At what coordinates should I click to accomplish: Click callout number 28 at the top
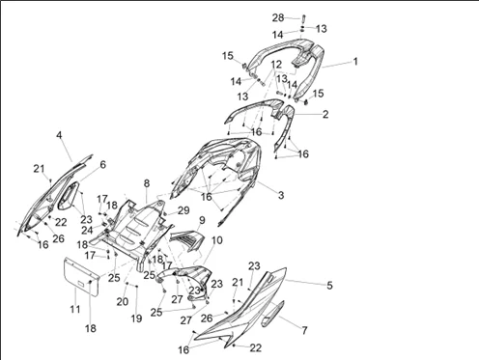pos(278,17)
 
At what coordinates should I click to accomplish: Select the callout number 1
pos(355,61)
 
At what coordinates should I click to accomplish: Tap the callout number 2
pos(325,114)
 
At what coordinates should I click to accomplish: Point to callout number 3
pos(281,195)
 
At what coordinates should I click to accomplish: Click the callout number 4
pos(59,135)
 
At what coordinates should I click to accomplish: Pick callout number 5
pos(329,286)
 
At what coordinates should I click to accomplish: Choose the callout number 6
pos(102,165)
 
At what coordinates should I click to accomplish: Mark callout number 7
pos(304,330)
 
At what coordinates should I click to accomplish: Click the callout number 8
pos(147,183)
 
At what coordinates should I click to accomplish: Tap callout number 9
pos(202,220)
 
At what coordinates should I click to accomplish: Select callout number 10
pos(217,240)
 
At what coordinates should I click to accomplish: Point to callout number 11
pos(75,309)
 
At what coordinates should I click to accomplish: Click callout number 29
pos(183,210)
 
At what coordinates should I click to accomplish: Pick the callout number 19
pos(136,318)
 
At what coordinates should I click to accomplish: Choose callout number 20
pos(123,302)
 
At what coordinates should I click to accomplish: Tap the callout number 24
pos(87,231)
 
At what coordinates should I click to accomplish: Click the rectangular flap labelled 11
pos(81,276)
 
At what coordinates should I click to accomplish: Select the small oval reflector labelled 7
pos(272,314)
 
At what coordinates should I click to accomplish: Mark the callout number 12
pos(276,65)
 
